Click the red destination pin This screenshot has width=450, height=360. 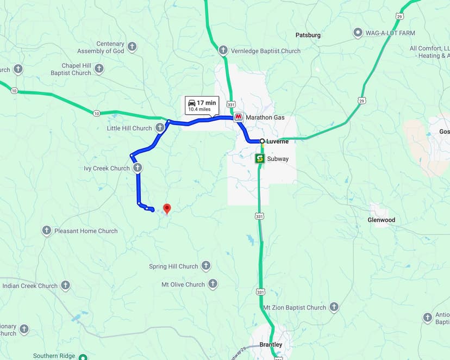(x=167, y=208)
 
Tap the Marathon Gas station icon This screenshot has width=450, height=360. (x=238, y=117)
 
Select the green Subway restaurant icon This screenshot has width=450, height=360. (x=260, y=159)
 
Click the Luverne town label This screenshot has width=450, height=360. (x=277, y=141)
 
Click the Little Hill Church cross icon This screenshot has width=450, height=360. (x=160, y=128)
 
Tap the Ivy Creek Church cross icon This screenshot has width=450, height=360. (x=138, y=168)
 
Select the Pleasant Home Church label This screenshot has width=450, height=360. (x=86, y=231)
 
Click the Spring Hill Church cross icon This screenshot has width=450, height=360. (x=205, y=266)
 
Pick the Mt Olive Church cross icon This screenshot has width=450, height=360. (x=212, y=284)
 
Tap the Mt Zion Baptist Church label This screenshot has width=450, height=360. (x=295, y=307)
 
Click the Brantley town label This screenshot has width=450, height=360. (x=270, y=345)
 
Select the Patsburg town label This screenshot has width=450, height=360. (x=308, y=35)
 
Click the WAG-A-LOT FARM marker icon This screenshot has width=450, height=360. (x=358, y=33)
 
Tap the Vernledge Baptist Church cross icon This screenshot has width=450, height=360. (x=223, y=51)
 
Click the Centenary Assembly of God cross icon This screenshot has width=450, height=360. (x=132, y=47)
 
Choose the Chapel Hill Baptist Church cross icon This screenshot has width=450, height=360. (x=99, y=69)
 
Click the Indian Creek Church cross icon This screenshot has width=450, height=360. (x=65, y=285)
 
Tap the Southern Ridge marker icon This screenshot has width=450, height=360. (x=83, y=357)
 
